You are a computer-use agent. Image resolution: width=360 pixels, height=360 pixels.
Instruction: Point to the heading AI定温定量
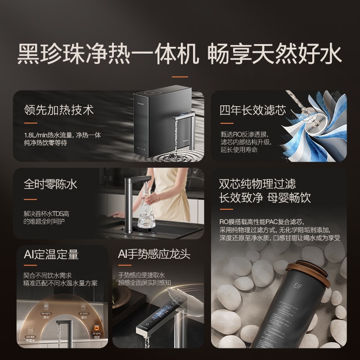tap(51, 255)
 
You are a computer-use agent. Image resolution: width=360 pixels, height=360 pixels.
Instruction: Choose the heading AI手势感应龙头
tap(153, 255)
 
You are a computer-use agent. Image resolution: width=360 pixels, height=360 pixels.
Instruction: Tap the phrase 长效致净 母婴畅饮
tap(265, 198)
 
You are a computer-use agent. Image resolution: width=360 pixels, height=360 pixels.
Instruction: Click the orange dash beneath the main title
tap(180, 76)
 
